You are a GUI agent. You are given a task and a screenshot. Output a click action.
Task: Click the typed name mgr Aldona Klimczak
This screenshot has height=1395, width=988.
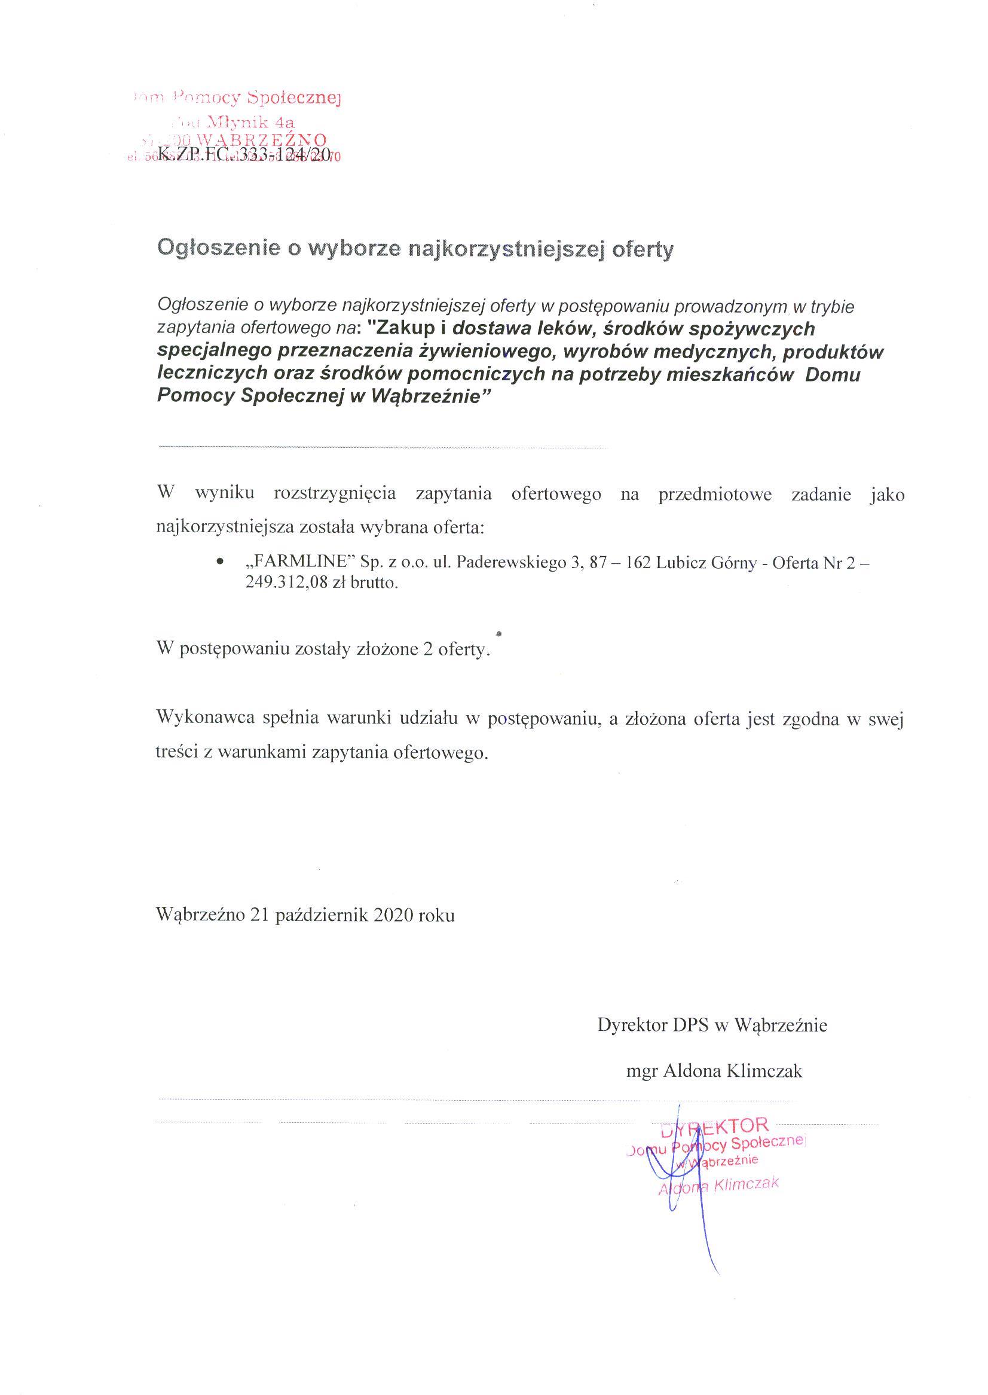(714, 1070)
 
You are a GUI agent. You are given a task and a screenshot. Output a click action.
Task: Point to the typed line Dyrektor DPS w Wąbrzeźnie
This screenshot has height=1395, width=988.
(712, 1025)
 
